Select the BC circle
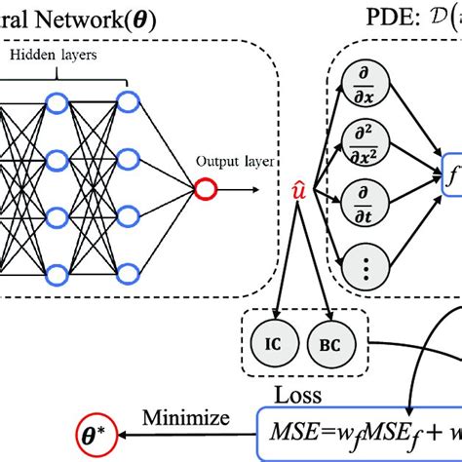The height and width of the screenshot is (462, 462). point(325,344)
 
